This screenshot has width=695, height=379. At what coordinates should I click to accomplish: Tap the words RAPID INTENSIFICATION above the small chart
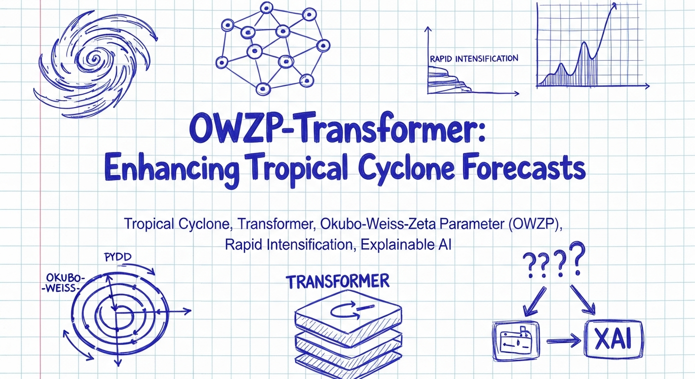474,59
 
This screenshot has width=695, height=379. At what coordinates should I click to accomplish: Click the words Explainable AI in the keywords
406,245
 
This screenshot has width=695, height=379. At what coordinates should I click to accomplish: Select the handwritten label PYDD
118,257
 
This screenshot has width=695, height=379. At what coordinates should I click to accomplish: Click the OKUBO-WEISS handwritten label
63,283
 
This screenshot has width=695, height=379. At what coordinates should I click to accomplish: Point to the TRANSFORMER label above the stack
338,281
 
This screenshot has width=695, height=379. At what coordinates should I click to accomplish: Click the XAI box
614,340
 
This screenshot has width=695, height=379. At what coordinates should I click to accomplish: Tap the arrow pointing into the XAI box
564,341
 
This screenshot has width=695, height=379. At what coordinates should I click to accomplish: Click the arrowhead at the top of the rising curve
614,6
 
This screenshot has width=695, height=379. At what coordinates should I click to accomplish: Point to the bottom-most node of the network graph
263,89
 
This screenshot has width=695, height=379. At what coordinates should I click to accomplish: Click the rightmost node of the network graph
323,46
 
